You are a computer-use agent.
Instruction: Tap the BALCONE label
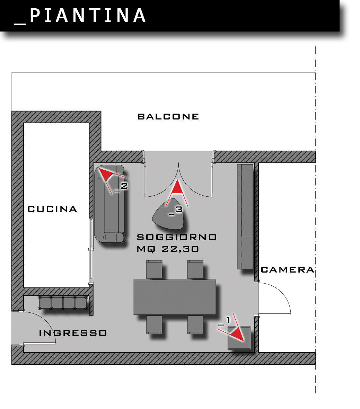[x=168, y=117]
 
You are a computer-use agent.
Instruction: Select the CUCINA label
[x=52, y=209]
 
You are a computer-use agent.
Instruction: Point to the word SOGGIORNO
[x=177, y=237]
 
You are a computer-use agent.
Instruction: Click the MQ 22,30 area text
[x=168, y=249]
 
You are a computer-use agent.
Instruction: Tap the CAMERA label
[x=287, y=270]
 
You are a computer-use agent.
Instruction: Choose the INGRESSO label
[x=73, y=333]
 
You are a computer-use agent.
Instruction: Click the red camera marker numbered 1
[x=237, y=334]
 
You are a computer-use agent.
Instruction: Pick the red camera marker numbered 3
[x=177, y=187]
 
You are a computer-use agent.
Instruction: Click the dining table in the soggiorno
[x=175, y=297]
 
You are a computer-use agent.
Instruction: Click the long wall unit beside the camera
[x=245, y=216]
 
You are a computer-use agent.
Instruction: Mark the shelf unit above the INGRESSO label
[x=63, y=303]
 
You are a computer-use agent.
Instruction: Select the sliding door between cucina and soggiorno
[x=91, y=249]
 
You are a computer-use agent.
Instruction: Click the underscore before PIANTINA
[x=20, y=23]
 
